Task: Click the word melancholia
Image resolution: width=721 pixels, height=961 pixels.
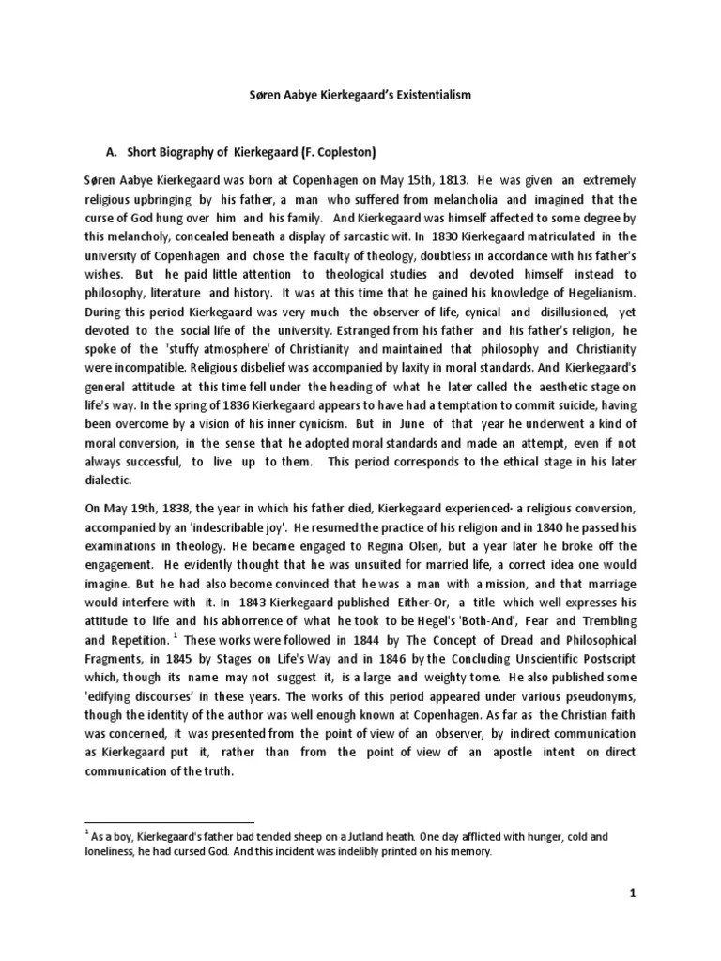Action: coord(465,200)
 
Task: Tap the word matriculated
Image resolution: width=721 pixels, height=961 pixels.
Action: coord(540,236)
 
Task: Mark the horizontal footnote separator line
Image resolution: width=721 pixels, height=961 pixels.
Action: coord(170,821)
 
